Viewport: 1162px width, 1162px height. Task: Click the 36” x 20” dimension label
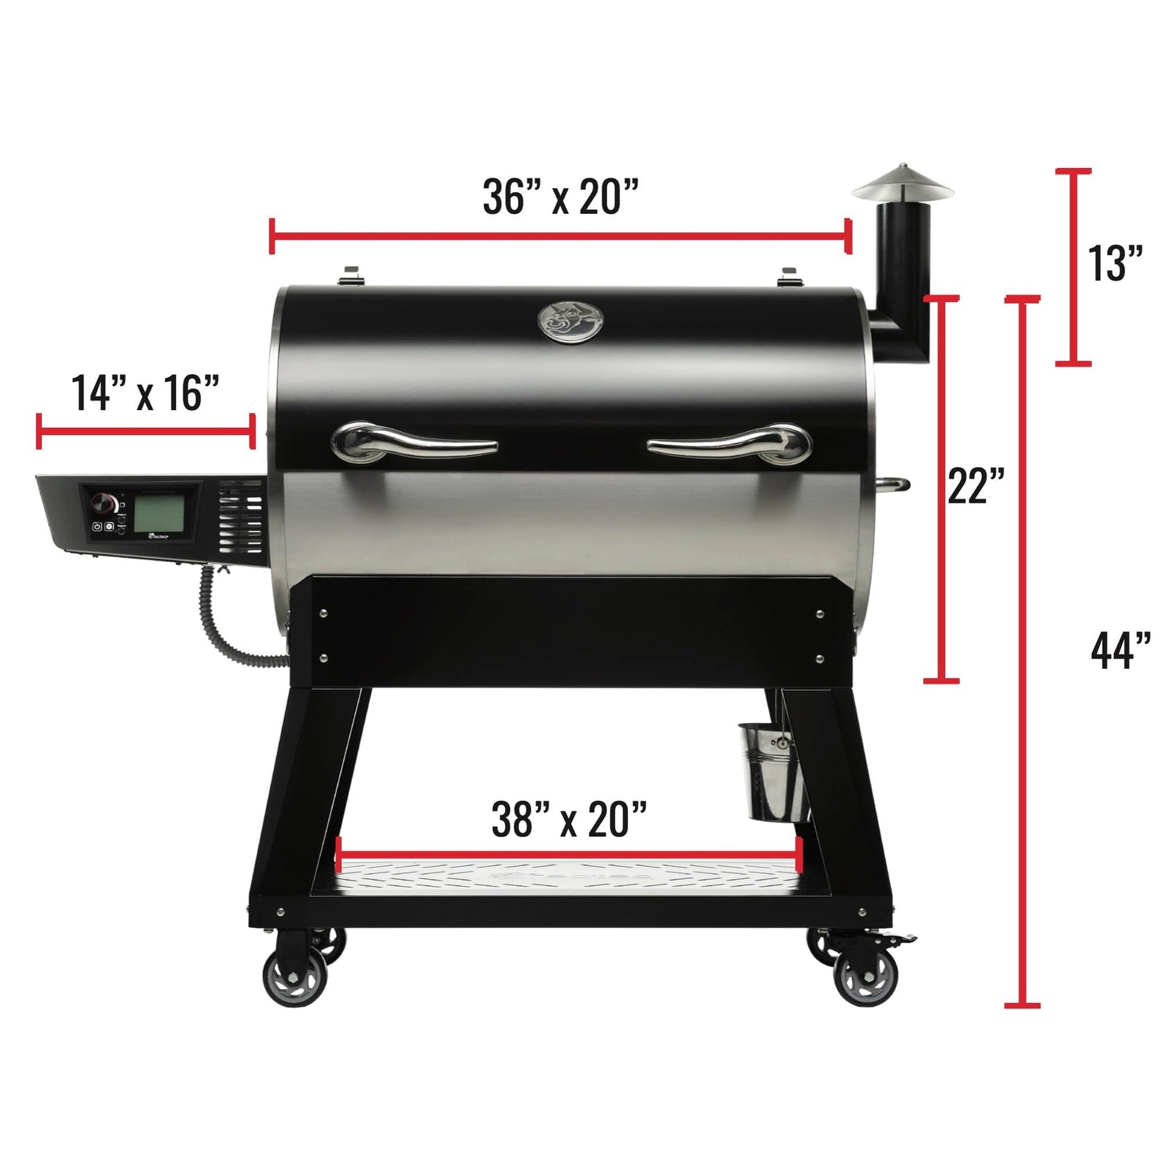(560, 197)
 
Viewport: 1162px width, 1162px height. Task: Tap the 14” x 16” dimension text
(146, 392)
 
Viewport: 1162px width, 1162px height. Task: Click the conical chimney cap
(902, 183)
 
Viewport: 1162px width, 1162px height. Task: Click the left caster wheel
(295, 975)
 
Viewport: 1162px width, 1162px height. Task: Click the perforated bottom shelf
(570, 879)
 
